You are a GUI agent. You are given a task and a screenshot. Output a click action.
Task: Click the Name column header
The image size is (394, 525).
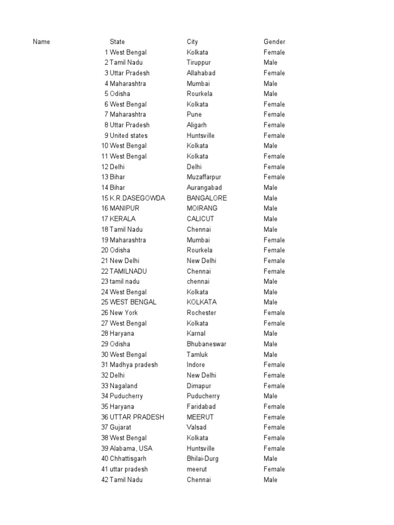tap(42, 42)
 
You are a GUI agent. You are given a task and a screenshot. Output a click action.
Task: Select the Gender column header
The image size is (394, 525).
tap(274, 42)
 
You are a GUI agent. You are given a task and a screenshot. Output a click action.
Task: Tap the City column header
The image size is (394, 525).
tap(192, 42)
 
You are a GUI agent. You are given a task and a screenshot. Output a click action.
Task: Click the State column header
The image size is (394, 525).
tap(117, 42)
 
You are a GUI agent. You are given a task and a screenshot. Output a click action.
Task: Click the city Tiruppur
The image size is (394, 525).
tap(199, 63)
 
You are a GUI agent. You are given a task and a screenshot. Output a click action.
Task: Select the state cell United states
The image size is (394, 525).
tap(128, 136)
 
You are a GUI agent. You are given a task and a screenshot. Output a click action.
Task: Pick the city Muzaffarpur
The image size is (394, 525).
tap(204, 177)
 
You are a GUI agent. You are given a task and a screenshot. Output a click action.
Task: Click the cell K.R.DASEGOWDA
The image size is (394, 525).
tap(137, 198)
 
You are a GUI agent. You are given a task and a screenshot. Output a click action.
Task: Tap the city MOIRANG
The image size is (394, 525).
tap(202, 209)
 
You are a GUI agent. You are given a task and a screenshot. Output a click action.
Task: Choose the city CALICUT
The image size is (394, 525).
tap(201, 219)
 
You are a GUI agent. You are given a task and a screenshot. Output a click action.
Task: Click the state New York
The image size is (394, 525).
tap(124, 313)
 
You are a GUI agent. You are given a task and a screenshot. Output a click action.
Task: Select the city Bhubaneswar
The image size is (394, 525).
tap(206, 344)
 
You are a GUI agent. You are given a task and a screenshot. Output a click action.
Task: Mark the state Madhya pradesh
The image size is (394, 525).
tap(133, 365)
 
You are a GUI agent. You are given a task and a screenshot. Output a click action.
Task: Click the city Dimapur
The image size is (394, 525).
tap(199, 386)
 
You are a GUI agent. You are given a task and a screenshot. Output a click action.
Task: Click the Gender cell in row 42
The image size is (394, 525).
tap(270, 480)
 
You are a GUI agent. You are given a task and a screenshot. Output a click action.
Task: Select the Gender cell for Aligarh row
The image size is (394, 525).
tap(274, 125)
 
